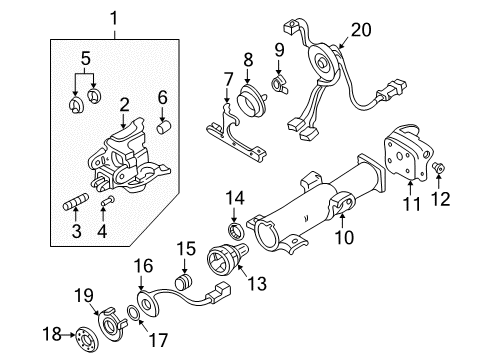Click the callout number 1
(x=113, y=17)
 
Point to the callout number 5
(x=85, y=57)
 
